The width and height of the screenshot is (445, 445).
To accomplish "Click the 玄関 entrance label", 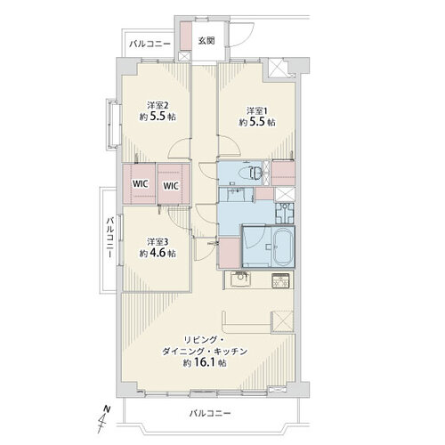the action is point(206,41).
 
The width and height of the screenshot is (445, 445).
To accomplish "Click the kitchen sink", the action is point(240,279).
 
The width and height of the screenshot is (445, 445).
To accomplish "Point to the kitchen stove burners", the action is point(280,280).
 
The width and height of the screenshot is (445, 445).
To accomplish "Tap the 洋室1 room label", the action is point(257,111).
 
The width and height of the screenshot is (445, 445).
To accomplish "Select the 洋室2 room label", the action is point(158,105).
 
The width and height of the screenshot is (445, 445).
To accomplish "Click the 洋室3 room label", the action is point(158,242).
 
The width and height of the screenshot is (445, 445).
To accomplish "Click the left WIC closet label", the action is point(140,184).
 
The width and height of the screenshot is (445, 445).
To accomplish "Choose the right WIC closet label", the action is point(171,186).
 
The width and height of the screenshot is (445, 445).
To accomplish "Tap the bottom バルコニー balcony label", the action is point(210,413).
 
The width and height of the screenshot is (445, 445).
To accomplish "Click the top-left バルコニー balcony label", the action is point(150,44).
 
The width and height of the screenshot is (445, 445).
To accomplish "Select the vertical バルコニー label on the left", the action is point(110,238).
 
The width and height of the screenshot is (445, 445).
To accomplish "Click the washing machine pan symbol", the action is point(285,213).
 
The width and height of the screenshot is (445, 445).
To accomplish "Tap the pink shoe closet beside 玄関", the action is point(186,36).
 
